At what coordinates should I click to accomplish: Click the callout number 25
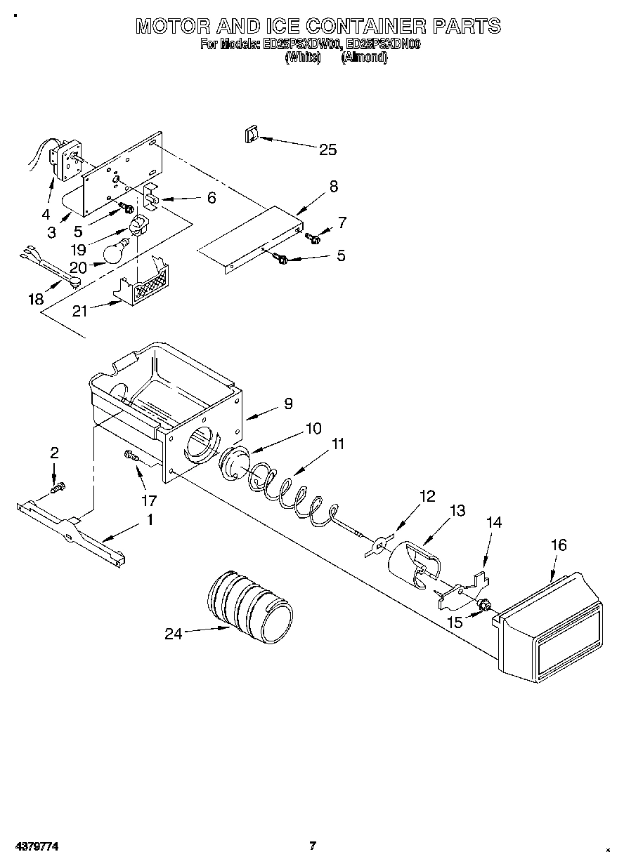[327, 149]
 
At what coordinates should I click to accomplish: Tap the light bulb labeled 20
[116, 251]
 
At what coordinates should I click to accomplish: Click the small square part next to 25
[251, 135]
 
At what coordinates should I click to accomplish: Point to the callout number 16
[559, 545]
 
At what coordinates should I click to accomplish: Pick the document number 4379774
[34, 846]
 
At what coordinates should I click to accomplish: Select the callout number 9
[287, 404]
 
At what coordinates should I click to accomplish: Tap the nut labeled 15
[483, 604]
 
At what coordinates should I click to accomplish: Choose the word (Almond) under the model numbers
[364, 58]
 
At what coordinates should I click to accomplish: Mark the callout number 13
[457, 511]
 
